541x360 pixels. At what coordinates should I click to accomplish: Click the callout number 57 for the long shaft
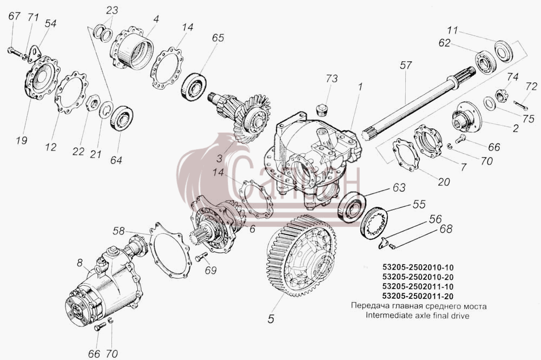406,65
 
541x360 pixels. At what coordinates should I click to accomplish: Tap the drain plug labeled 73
322,109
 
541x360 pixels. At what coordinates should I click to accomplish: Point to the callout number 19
22,140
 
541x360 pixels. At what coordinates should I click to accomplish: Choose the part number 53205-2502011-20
418,296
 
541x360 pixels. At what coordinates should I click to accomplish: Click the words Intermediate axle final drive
418,315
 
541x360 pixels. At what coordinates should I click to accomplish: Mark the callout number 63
399,188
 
